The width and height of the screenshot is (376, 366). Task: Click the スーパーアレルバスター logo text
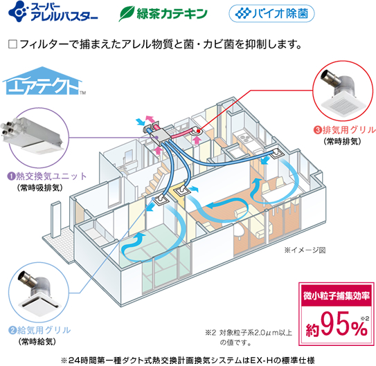pos(64,12)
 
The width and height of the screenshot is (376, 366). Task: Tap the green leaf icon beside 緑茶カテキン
pos(127,14)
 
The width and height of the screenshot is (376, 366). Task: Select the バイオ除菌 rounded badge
pos(271,13)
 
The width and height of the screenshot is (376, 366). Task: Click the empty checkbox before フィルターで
pos(12,44)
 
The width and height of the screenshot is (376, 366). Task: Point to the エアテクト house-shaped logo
pos(43,81)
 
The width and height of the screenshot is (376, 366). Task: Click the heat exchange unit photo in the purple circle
pos(33,136)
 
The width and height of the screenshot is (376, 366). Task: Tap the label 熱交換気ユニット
pos(51,176)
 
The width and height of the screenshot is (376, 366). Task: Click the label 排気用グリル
pos(349,130)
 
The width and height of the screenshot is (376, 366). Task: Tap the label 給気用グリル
pos(44,330)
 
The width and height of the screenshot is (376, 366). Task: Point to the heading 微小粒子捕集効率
pos(337,296)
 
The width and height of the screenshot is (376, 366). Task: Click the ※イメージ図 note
pos(305,250)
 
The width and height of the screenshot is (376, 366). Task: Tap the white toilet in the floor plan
pos(240,231)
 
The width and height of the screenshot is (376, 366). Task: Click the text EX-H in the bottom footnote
pos(261,360)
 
